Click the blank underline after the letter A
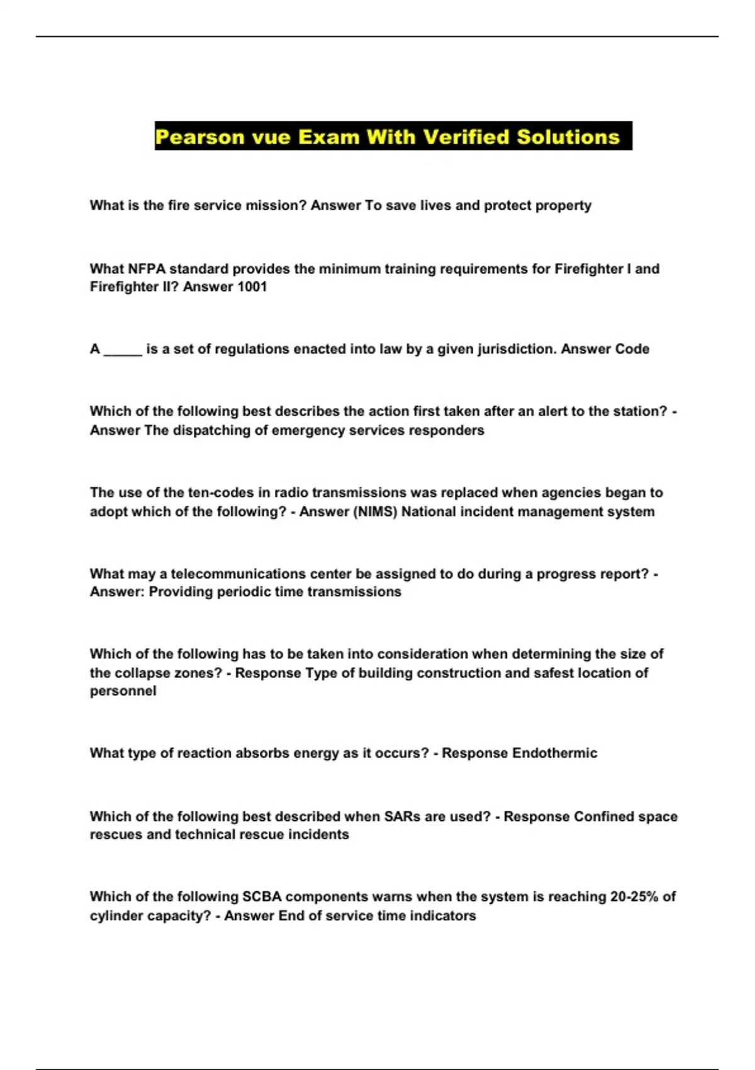(123, 349)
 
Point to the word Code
(632, 349)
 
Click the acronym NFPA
(147, 269)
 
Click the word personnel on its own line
(123, 691)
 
